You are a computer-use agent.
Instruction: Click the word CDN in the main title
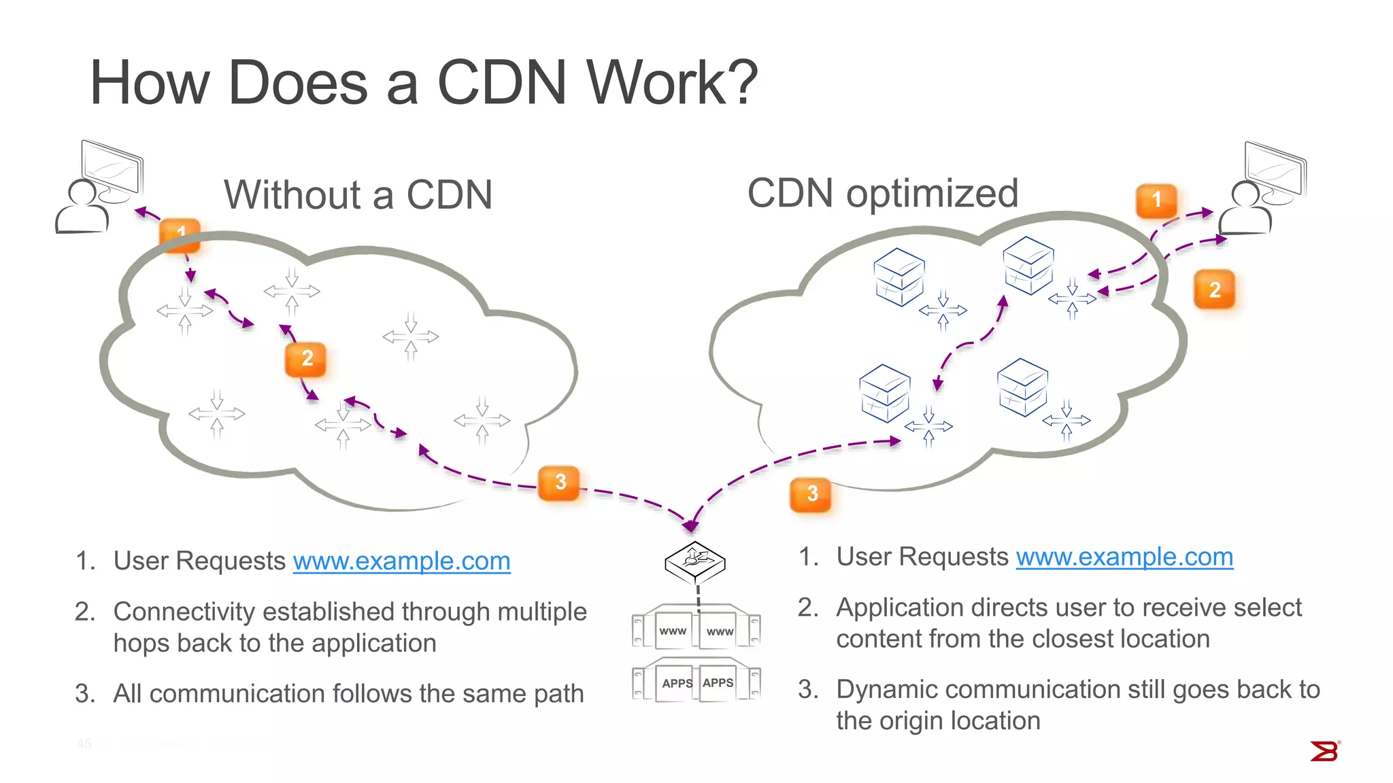502,83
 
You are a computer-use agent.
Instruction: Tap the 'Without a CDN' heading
358,195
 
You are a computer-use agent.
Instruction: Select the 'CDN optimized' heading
882,193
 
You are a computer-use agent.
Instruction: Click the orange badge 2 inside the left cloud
306,359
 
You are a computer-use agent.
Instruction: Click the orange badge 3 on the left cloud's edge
559,483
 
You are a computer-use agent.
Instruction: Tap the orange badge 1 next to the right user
1156,201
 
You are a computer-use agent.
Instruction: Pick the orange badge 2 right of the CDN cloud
1214,290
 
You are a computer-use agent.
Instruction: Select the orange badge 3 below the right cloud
811,494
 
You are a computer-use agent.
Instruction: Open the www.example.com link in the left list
401,561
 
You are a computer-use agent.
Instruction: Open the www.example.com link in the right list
1124,557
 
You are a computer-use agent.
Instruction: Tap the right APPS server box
718,683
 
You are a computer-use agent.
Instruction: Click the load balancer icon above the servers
695,562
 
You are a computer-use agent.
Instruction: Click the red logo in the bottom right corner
1324,752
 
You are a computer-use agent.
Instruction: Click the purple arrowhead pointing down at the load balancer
690,525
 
